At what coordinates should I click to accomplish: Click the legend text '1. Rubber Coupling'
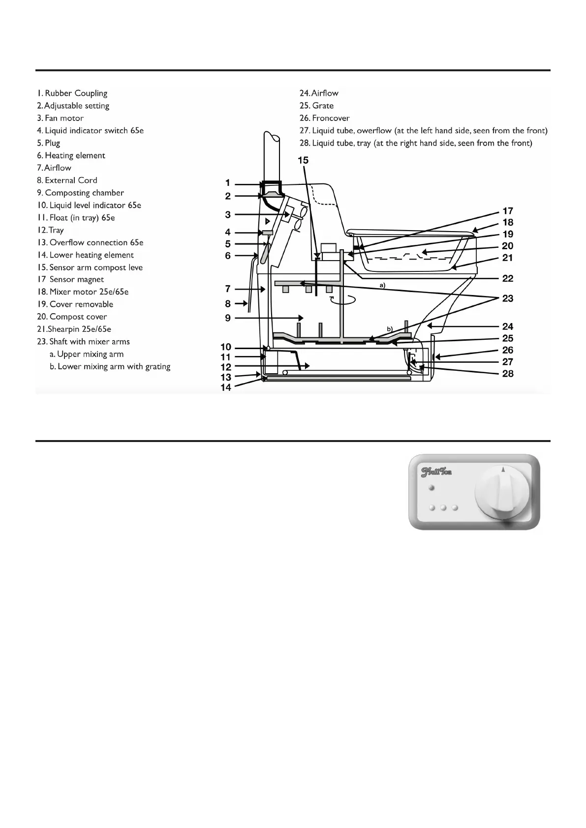click(72, 93)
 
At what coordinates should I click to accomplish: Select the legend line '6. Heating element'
click(71, 155)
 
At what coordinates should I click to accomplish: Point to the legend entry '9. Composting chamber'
click(80, 193)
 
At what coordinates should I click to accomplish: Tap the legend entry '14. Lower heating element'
click(85, 255)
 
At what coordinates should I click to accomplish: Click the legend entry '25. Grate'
click(316, 106)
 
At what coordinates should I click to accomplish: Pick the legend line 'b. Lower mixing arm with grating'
click(110, 366)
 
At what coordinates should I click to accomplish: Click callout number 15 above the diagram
click(303, 160)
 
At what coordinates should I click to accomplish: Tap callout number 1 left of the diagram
click(227, 183)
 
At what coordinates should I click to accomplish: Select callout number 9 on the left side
click(227, 318)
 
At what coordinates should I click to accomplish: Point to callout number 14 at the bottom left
click(226, 388)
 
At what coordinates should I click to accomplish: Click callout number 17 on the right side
click(508, 211)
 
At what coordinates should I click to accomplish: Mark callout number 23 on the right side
click(508, 298)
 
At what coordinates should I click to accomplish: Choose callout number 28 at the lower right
click(508, 374)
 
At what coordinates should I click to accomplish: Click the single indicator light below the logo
click(432, 488)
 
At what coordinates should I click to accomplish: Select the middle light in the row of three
click(443, 507)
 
